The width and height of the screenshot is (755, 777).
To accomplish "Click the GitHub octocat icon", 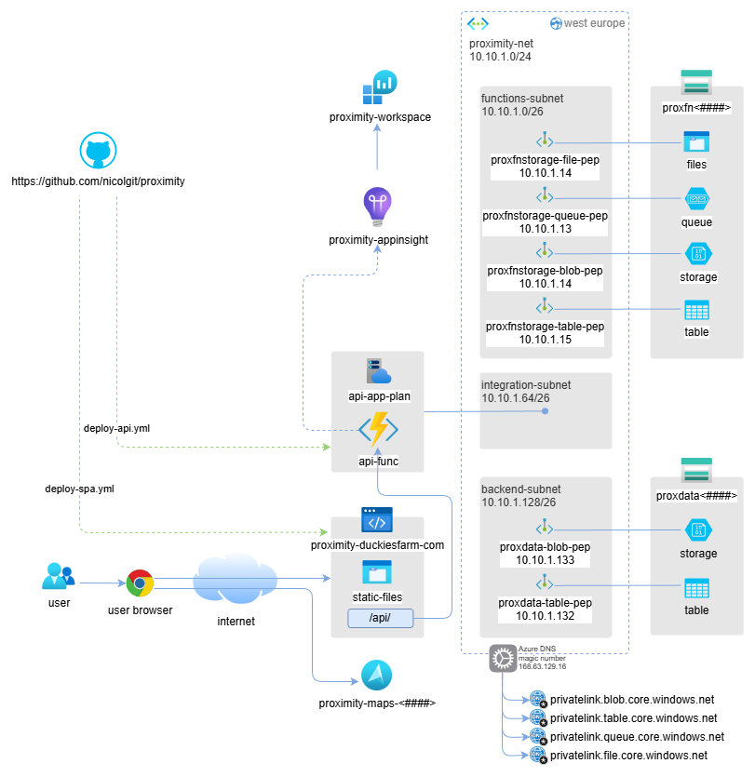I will (x=98, y=151).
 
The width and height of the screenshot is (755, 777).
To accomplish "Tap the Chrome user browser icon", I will (x=140, y=583).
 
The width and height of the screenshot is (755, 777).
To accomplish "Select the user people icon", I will (x=58, y=577).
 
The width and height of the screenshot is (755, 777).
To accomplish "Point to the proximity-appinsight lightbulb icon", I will (x=377, y=208).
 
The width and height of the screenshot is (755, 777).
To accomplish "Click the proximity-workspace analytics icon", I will (x=379, y=87).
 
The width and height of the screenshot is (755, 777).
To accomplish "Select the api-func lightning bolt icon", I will (x=378, y=430).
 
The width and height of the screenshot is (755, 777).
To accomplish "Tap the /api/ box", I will (x=380, y=618).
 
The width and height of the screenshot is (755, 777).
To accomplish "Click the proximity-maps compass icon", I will (x=377, y=676).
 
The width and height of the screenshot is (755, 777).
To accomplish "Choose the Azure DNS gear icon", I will (x=503, y=659).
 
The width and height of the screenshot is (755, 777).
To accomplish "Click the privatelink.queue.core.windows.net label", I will (x=637, y=736).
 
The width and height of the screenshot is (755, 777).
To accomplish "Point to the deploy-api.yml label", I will (x=116, y=429).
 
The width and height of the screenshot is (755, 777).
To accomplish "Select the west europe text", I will (x=594, y=23).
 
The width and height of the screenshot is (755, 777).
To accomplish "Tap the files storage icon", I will (x=696, y=141).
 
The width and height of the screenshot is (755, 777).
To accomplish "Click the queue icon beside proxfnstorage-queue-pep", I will (x=696, y=198).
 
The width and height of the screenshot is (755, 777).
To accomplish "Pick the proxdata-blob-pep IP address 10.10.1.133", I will (x=546, y=560).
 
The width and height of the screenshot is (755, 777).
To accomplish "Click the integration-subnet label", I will (x=526, y=384).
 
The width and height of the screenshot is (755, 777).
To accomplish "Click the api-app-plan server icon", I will (x=378, y=371).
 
